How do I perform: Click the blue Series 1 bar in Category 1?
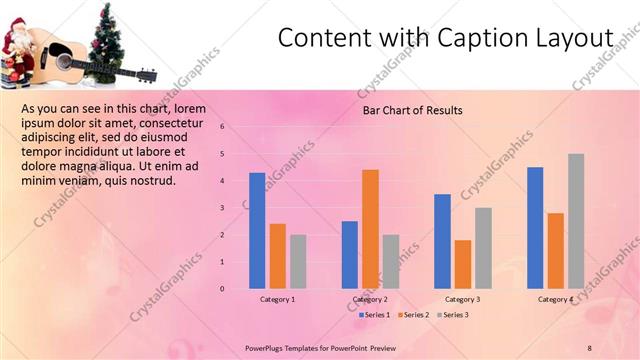(257, 231)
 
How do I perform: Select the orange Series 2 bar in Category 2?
(370, 229)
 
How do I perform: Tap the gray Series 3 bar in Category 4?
(576, 221)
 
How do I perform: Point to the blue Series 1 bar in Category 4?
(535, 228)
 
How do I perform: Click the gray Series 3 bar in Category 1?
(298, 261)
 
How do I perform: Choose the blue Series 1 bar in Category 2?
(350, 255)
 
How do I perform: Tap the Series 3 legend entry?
(455, 315)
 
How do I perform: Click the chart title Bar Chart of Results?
(412, 110)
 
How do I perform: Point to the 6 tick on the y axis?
(236, 127)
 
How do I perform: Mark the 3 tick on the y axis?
(236, 208)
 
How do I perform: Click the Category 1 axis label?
(278, 299)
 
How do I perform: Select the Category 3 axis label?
(462, 299)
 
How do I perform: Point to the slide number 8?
(590, 347)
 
